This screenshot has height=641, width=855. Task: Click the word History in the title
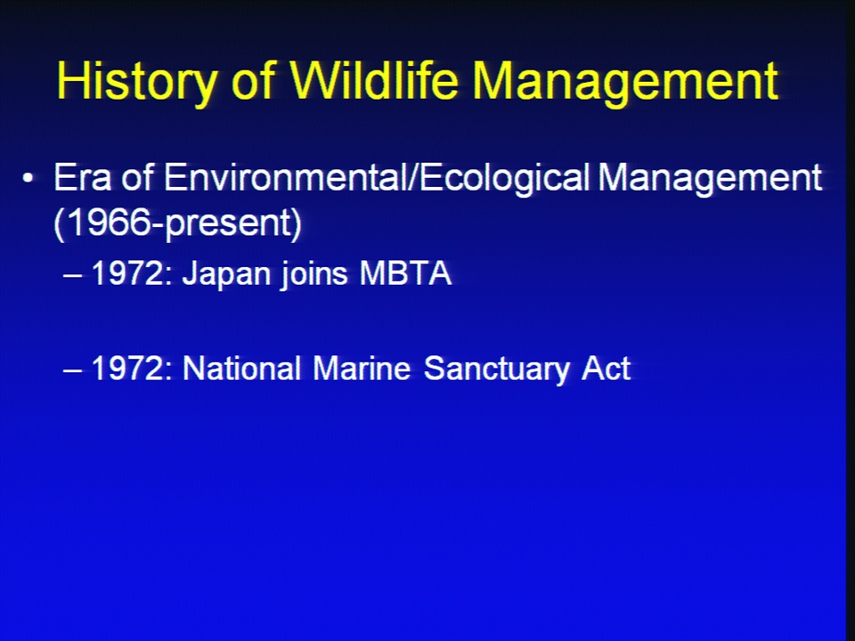point(136,82)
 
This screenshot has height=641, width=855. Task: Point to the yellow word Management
point(625,82)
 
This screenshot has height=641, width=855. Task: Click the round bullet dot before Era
point(28,178)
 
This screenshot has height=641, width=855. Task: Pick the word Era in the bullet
point(82,177)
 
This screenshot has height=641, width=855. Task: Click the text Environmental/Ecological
point(377,179)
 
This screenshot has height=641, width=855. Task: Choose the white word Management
point(710,179)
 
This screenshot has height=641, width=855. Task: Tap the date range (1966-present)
point(178,223)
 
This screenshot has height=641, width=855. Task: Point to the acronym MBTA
point(405,273)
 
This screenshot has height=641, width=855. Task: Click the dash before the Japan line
point(72,275)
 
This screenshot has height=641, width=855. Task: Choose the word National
point(241,368)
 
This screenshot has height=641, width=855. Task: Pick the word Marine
point(362,368)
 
